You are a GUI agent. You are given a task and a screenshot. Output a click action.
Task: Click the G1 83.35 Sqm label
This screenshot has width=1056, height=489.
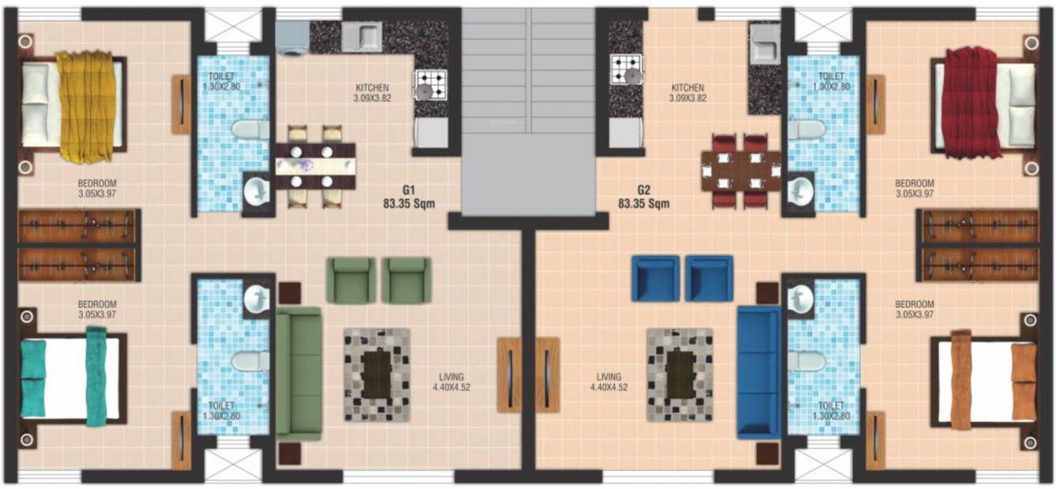coord(408,197)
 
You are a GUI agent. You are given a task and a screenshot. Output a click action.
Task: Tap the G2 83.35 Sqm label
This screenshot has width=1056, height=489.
coord(643,197)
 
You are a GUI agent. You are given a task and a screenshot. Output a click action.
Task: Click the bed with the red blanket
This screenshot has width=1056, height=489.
coord(985,103)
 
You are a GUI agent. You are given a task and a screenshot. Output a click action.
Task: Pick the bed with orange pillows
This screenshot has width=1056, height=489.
coord(983,380)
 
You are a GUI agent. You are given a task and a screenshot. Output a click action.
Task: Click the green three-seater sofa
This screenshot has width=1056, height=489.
coord(299,372)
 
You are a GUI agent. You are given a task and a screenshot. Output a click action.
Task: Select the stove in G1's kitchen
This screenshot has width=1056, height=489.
coord(431,83)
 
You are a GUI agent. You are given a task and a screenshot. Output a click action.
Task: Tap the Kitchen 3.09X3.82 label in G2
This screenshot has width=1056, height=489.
coord(688,93)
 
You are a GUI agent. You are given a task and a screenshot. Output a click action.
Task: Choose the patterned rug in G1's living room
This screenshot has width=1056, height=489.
coord(377,374)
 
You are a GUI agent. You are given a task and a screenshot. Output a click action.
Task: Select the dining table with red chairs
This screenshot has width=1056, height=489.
coord(741,171)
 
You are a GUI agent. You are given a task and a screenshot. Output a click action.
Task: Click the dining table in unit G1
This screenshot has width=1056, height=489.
coord(315,165)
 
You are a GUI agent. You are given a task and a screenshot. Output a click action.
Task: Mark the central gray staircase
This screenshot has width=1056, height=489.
coord(529,111)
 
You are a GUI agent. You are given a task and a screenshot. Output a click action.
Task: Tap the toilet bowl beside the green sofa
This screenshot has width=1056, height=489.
coord(250,361)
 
